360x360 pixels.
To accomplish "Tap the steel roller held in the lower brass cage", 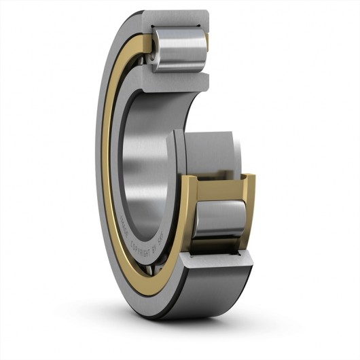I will coord(219,219).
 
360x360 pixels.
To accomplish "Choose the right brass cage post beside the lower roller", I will coord(249,204).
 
